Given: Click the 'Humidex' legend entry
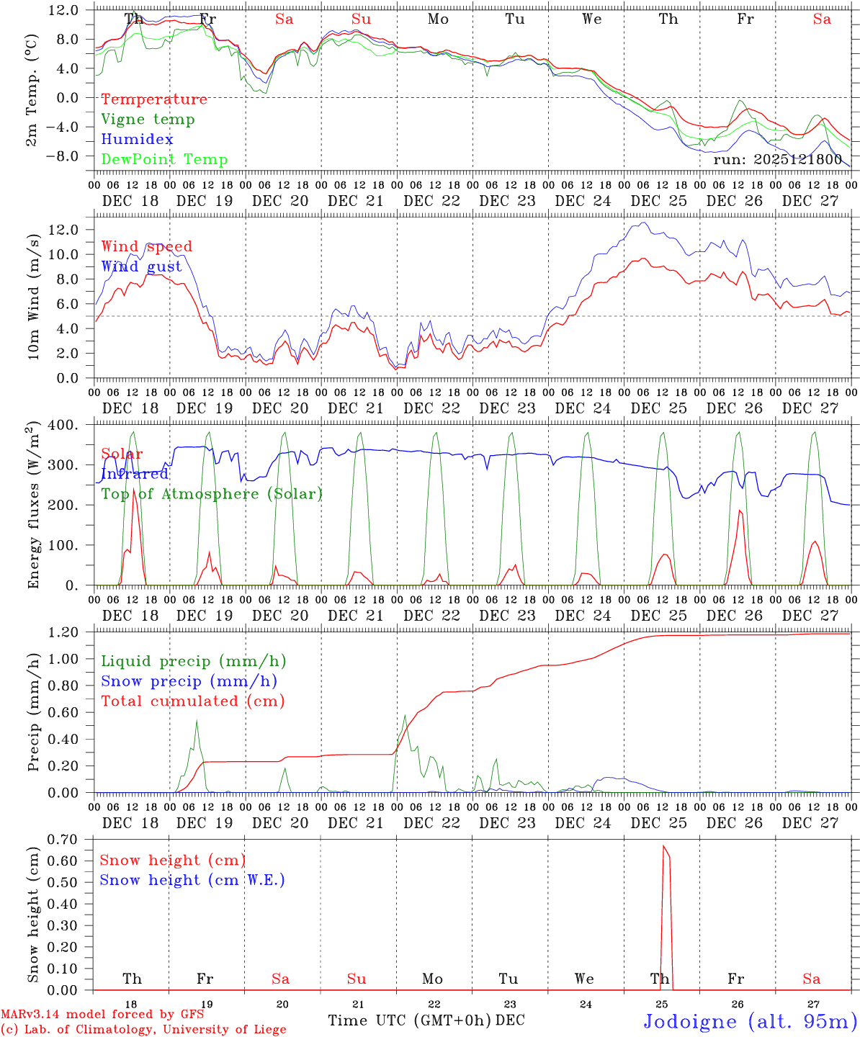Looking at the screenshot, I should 137,140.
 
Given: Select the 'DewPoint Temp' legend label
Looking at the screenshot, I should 164,160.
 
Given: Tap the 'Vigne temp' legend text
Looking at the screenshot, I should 148,120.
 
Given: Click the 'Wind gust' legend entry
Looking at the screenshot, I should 141,266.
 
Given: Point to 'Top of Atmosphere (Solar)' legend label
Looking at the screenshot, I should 211,494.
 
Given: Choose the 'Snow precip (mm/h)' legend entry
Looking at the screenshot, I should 189,681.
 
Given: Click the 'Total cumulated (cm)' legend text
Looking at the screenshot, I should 192,701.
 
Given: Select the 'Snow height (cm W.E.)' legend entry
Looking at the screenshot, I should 192,880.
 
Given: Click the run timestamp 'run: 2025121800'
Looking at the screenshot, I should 777,159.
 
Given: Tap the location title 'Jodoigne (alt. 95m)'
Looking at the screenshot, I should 750,1021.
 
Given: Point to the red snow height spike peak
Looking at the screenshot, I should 663,846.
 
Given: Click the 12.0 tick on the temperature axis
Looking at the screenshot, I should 64,10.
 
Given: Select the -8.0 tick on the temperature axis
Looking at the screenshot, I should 64,156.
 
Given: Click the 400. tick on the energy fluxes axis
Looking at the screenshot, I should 64,425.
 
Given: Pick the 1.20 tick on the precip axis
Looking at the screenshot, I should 64,632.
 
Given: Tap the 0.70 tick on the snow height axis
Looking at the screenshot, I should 64,839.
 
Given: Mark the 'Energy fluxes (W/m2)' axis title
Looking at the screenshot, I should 33,506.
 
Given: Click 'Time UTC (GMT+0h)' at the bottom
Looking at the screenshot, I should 409,1020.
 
